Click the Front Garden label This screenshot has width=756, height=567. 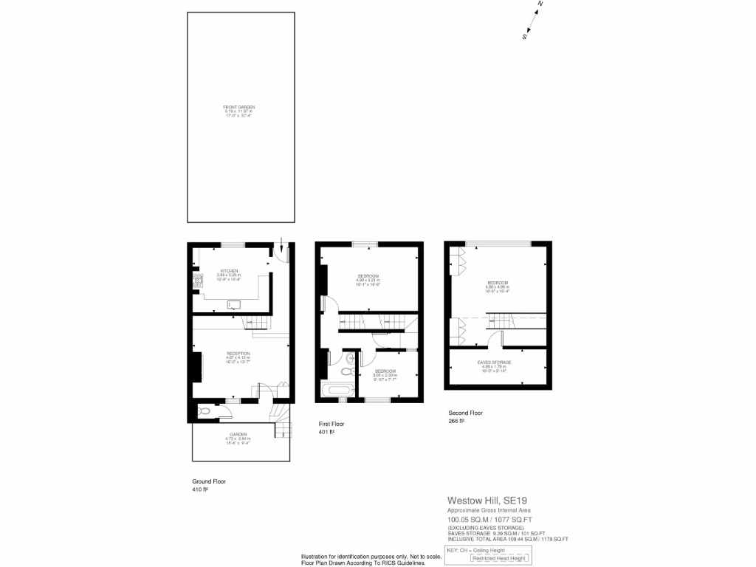pos(238,111)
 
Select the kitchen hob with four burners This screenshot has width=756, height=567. pos(197,281)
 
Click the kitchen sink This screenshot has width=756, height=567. pos(233,303)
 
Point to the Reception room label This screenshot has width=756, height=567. pos(238,357)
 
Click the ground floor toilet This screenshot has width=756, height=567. pos(204,410)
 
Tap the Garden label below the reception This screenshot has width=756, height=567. pos(237,438)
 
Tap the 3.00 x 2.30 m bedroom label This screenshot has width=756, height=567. pos(385,374)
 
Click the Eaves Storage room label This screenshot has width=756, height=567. pos(494,365)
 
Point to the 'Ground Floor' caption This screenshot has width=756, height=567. pos(209,481)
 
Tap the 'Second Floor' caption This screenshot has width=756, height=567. pos(466,413)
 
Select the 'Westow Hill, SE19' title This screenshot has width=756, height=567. pos(487,501)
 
